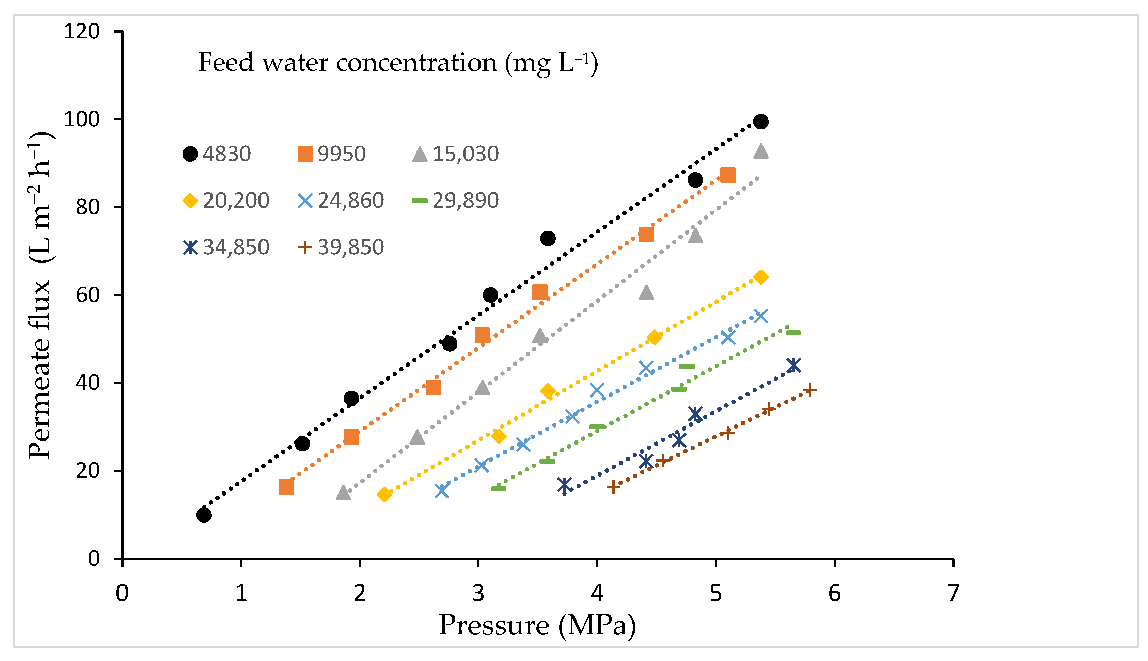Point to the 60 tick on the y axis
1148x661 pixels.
[x=88, y=295]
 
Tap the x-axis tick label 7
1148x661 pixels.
[x=953, y=593]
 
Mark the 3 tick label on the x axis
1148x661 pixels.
[x=478, y=593]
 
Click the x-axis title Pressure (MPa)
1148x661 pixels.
[x=537, y=625]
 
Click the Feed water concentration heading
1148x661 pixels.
[x=398, y=63]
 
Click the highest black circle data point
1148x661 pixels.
[x=761, y=122]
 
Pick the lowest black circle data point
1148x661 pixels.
[x=204, y=515]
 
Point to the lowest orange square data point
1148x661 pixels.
[x=286, y=487]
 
